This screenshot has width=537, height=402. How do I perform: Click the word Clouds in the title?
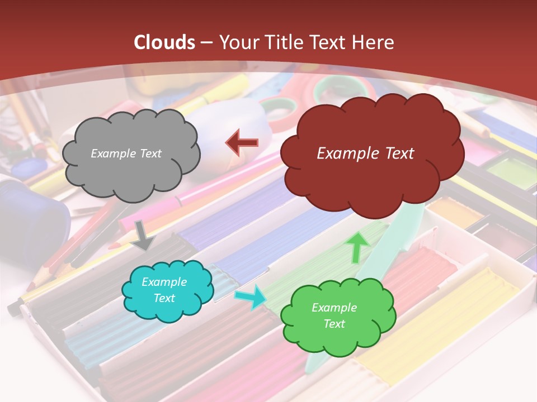coord(164,42)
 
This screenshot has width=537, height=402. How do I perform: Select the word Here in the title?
coord(374,42)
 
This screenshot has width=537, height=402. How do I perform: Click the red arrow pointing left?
coord(242,143)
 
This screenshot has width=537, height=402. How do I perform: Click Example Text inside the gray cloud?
coord(126,153)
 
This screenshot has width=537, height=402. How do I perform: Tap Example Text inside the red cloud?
coord(365,153)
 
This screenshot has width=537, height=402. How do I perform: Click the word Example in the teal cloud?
coord(164,282)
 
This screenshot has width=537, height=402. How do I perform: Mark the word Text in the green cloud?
coord(334,324)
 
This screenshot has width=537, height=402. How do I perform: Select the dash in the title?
coord(206,42)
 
